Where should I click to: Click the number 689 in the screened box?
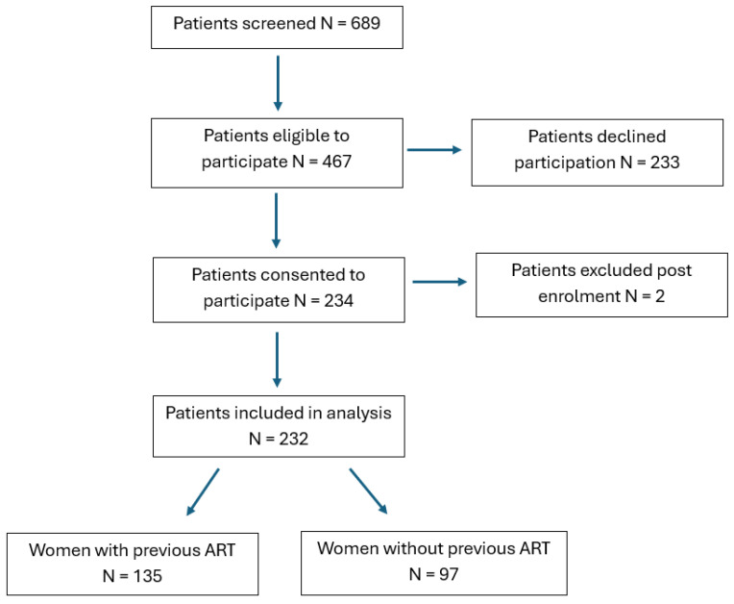click(365, 23)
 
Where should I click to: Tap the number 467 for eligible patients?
click(336, 162)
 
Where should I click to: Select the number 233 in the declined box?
click(665, 163)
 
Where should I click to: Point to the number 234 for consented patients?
click(338, 301)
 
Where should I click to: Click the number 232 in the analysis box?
click(294, 440)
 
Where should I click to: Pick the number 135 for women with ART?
click(147, 576)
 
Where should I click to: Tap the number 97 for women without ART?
click(449, 574)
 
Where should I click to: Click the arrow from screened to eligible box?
click(278, 84)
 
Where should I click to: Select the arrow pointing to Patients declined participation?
click(434, 150)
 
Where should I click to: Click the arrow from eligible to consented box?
click(276, 220)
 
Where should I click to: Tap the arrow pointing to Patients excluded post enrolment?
click(440, 282)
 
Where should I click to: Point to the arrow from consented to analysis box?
click(277, 360)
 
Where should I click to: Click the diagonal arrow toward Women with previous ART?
click(203, 492)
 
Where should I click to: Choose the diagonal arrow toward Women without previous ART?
click(368, 491)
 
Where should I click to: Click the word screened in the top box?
click(280, 23)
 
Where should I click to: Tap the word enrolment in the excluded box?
click(579, 296)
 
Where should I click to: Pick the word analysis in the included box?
click(359, 414)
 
